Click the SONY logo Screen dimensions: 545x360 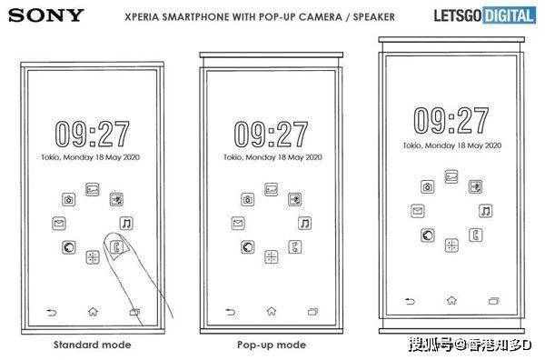point(46,15)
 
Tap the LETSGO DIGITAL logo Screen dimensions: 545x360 point(485,15)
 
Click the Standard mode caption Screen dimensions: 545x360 point(93,345)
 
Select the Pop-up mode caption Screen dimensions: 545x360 point(272,345)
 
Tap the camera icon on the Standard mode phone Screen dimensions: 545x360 point(69,200)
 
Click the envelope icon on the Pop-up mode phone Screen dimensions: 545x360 point(238,223)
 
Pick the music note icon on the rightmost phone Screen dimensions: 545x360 point(486,211)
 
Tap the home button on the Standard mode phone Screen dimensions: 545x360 point(93,311)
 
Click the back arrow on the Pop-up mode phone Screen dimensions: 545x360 point(230,312)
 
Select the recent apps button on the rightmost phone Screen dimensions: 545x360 point(493,301)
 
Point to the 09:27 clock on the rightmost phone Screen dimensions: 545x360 point(451,120)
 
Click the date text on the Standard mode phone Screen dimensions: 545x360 point(90,157)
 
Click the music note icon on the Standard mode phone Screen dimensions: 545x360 point(126,224)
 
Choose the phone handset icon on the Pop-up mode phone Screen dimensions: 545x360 point(295,247)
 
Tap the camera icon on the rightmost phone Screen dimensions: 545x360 point(428,186)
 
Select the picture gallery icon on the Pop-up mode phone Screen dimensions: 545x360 point(271,190)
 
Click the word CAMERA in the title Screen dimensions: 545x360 point(320,16)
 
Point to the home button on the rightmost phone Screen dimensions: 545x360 point(451,300)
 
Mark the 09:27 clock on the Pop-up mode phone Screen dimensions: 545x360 point(271,135)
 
